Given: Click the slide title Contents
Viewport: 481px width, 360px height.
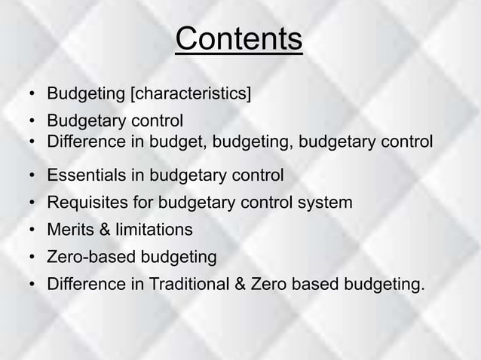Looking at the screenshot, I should (x=239, y=41).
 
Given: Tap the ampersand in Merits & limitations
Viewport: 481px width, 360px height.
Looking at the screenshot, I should (x=101, y=229).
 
